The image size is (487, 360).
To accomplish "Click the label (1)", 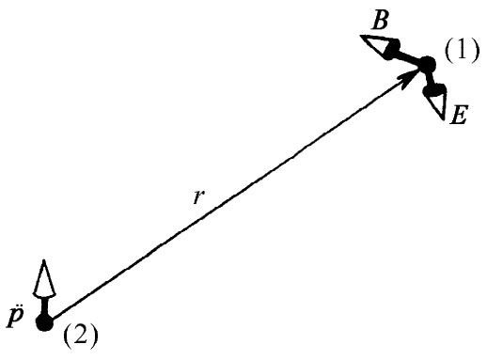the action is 462,52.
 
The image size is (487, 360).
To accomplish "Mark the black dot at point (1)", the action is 427,65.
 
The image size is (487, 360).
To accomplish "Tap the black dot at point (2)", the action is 42,322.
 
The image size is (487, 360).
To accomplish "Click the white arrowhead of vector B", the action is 377,44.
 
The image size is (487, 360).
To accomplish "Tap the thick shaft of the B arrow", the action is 409,57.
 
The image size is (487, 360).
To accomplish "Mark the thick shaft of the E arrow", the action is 431,80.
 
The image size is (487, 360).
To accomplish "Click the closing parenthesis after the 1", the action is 475,53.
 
